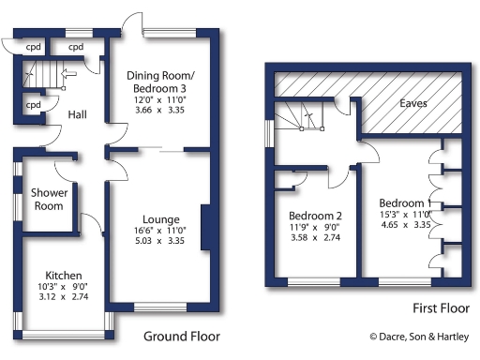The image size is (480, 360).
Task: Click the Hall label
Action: click(78, 114)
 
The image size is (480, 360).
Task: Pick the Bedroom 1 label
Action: click(404, 202)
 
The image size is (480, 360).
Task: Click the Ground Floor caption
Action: click(181, 336)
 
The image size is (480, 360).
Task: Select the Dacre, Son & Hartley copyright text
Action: click(420, 337)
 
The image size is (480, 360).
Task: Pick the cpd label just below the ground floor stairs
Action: click(33, 105)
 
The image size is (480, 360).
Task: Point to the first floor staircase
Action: click(303, 117)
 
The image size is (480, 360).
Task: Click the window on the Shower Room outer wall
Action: click(17, 199)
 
